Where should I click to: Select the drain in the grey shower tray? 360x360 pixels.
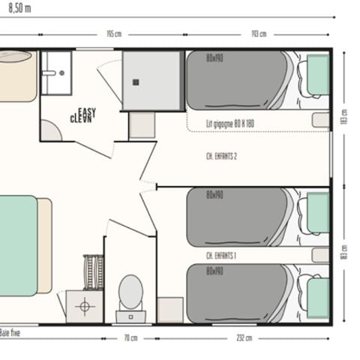point(136,82)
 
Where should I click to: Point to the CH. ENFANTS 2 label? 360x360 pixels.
point(220,157)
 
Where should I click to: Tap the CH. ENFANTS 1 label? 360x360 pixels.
point(221,255)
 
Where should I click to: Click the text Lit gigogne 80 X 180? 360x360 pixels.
point(230,123)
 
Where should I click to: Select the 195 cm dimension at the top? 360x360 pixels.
point(113,34)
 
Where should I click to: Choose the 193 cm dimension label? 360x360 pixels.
point(258,34)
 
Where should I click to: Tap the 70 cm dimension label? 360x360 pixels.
point(130,337)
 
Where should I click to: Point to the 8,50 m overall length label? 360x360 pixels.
point(16,7)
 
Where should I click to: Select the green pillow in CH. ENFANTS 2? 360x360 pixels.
point(318,75)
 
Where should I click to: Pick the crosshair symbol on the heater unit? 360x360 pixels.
point(84,306)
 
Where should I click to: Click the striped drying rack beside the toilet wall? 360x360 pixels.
point(93,271)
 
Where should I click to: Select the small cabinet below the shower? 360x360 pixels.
point(142,125)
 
